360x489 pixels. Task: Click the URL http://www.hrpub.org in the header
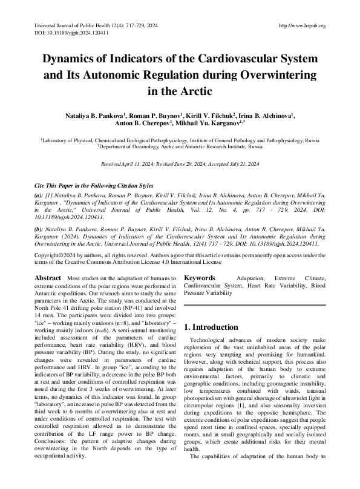pos(302,25)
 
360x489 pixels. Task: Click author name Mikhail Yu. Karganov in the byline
pos(207,124)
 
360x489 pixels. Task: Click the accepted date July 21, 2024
pos(241,165)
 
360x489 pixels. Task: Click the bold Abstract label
pos(48,278)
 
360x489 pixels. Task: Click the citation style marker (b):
pos(38,231)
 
